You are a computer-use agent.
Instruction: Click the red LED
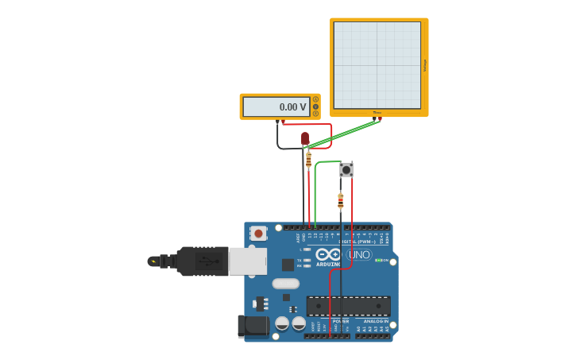pyautogui.click(x=305, y=138)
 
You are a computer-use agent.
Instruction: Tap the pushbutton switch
pyautogui.click(x=346, y=169)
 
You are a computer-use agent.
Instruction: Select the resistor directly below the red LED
pyautogui.click(x=308, y=160)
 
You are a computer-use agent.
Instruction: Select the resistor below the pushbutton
pyautogui.click(x=341, y=200)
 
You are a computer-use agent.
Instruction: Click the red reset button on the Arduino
pyautogui.click(x=258, y=233)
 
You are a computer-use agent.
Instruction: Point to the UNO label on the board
pyautogui.click(x=359, y=255)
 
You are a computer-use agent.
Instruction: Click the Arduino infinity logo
pyautogui.click(x=327, y=254)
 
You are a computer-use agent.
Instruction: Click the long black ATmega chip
pyautogui.click(x=348, y=306)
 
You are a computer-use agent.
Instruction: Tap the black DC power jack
pyautogui.click(x=253, y=326)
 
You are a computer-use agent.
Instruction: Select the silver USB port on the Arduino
pyautogui.click(x=247, y=261)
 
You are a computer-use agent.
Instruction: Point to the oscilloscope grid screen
pyautogui.click(x=377, y=65)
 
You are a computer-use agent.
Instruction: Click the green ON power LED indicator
pyautogui.click(x=378, y=260)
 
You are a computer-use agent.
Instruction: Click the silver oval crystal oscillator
pyautogui.click(x=285, y=284)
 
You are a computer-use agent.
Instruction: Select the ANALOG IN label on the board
pyautogui.click(x=375, y=321)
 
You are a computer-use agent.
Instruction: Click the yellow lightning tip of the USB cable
pyautogui.click(x=153, y=261)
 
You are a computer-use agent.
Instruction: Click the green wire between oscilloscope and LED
pyautogui.click(x=343, y=133)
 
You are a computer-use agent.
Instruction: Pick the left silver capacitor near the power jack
pyautogui.click(x=282, y=323)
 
